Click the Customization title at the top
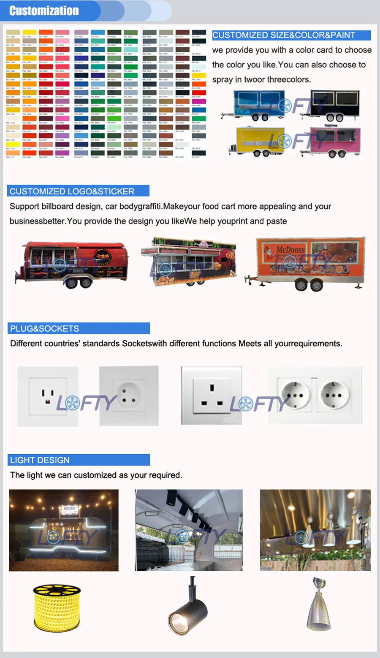click(x=44, y=11)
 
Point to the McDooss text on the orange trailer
click(x=290, y=250)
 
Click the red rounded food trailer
click(x=72, y=264)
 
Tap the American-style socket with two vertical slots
click(x=48, y=396)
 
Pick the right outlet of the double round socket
click(x=334, y=395)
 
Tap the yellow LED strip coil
click(x=57, y=607)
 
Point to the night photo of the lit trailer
click(x=64, y=530)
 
